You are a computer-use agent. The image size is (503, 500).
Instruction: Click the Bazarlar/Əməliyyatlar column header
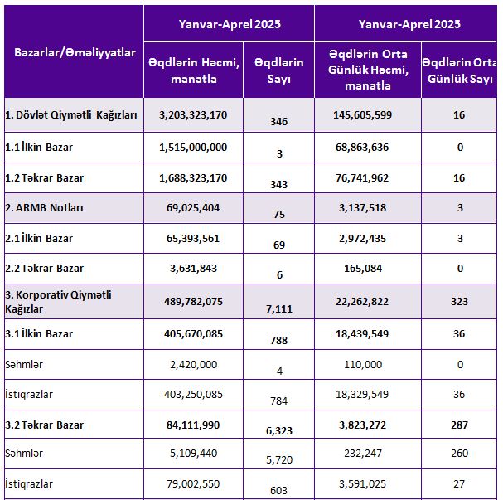(75, 52)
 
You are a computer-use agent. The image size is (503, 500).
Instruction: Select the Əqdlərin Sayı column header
(278, 70)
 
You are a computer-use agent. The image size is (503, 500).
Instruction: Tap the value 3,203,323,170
(193, 115)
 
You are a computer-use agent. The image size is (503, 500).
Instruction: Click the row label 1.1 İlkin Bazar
(39, 148)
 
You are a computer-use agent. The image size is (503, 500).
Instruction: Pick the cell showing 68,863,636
(362, 148)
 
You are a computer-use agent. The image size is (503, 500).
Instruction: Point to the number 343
(278, 185)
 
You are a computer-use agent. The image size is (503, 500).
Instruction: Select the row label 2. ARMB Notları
(44, 208)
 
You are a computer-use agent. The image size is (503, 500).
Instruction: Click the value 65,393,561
(193, 239)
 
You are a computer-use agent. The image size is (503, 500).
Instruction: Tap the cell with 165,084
(363, 269)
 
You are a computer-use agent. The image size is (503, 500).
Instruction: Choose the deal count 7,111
(279, 308)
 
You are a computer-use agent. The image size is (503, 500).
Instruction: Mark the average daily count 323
(459, 301)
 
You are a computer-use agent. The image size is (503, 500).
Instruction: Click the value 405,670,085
(193, 334)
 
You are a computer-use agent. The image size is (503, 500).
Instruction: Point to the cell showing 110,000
(363, 365)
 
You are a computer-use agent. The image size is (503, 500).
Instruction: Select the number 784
(278, 400)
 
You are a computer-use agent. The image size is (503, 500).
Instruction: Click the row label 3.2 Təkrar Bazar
(44, 425)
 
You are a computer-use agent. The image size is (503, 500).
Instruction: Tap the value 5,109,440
(193, 453)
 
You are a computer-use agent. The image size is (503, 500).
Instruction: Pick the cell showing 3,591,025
(362, 484)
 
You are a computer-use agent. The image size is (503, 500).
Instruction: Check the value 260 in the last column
(459, 453)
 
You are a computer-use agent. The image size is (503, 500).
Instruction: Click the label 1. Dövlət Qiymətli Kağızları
(71, 115)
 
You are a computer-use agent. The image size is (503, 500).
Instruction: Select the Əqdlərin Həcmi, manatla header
(194, 70)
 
